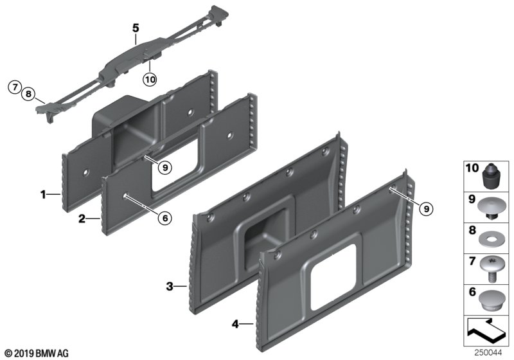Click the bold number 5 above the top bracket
(136, 28)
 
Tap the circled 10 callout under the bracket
(150, 79)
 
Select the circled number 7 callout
(14, 87)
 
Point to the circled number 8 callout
(28, 94)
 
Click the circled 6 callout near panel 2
(165, 218)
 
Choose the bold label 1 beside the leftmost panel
(43, 195)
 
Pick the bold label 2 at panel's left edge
(82, 219)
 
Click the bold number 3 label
(169, 287)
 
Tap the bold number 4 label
(235, 324)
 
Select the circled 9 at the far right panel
(426, 208)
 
